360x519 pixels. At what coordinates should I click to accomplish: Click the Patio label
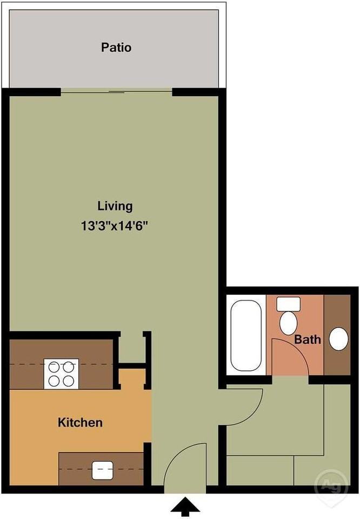116,48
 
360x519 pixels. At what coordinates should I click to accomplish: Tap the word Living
115,206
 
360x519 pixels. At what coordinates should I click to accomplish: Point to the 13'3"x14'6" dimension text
114,226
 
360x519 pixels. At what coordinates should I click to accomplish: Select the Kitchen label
80,422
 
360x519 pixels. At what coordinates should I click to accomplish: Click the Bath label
308,340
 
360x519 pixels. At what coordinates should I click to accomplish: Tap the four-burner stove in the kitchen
61,374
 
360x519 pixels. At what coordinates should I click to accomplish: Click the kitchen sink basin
102,470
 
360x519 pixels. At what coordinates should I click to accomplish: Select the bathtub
246,335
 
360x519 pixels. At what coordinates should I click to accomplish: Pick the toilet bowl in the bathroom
288,323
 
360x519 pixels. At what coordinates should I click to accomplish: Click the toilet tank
288,304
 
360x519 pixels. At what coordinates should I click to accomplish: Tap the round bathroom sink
338,339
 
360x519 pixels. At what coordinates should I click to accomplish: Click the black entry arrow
185,507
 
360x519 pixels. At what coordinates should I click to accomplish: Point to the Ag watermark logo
331,485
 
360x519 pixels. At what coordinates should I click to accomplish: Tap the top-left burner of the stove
54,367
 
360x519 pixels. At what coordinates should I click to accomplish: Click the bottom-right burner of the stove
68,381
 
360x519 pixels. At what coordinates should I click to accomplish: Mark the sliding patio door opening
116,91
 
